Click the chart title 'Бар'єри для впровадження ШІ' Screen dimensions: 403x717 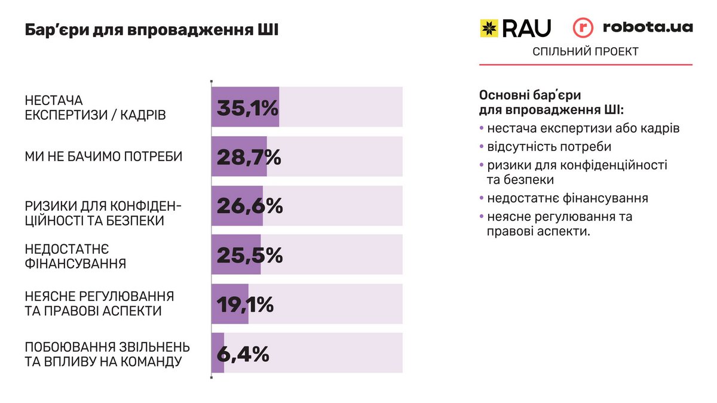(151, 30)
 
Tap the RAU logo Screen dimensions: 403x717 (516, 28)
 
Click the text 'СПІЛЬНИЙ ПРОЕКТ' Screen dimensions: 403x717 (586, 52)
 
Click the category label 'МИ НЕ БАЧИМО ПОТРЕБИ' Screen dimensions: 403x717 (103, 157)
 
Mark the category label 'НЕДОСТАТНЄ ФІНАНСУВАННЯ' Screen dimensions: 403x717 (76, 256)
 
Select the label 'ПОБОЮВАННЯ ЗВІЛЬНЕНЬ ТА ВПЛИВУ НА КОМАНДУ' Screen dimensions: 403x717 (108, 354)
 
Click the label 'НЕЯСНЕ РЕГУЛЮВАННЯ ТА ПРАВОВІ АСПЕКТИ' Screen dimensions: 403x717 (99, 304)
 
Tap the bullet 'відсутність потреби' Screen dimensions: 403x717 (549, 146)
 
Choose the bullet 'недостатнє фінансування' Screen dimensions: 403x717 (567, 198)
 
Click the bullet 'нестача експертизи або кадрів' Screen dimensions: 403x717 (583, 128)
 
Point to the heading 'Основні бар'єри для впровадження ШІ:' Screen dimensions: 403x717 (551, 103)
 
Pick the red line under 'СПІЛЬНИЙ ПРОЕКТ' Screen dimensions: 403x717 (586, 64)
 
